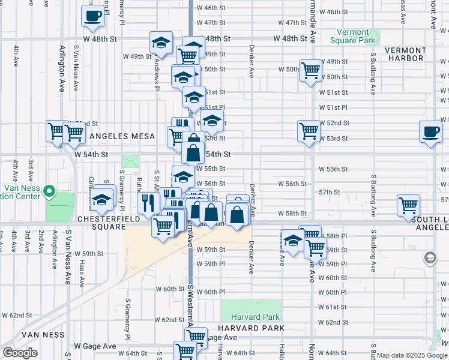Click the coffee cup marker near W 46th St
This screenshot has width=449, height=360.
[93, 16]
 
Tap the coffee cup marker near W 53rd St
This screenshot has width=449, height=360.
[430, 133]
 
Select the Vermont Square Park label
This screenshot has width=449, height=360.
[354, 36]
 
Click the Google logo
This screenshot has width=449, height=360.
[19, 353]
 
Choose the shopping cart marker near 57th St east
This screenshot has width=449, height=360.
[408, 205]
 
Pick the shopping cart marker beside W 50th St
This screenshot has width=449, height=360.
[310, 70]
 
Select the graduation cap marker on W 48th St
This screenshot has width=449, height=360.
[161, 42]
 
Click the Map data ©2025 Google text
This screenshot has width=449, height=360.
[412, 355]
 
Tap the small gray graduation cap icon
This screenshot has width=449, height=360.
[430, 258]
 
